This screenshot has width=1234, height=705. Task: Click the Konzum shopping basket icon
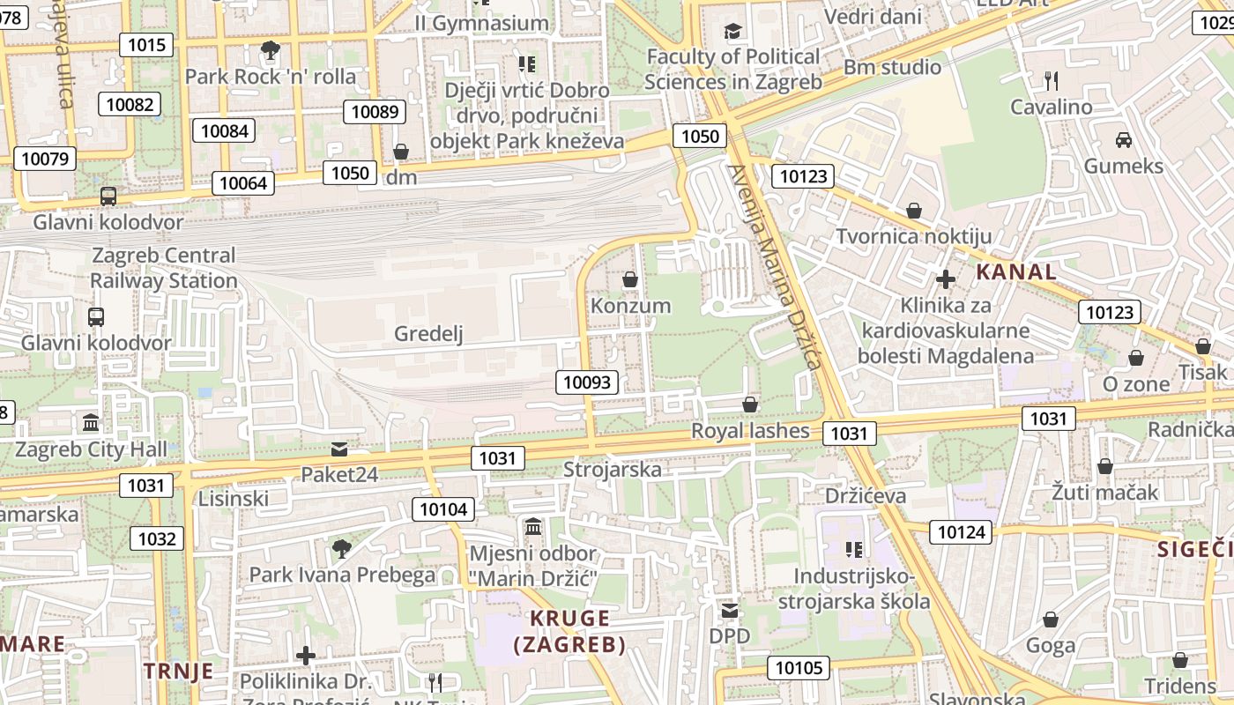630,280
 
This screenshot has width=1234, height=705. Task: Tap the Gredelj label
428,333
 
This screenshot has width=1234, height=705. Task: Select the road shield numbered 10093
586,382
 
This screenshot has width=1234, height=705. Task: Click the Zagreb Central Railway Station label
164,268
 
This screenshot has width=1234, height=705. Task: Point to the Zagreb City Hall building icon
91,423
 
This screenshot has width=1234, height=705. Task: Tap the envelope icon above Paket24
339,449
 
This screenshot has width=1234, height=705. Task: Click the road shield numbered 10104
443,508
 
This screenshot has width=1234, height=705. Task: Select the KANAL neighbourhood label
1015,271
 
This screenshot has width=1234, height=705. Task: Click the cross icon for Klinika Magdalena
945,280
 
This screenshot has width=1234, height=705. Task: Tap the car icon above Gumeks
1123,140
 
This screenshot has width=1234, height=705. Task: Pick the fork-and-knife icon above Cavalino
1051,81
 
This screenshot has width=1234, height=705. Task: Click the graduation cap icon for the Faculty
732,33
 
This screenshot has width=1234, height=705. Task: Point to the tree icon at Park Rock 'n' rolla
271,50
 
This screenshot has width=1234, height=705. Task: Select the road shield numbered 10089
374,111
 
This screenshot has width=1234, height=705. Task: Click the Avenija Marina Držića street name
775,267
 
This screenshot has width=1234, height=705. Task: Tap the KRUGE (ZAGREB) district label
570,631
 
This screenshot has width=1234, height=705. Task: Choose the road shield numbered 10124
963,531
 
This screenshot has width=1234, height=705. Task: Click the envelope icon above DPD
730,611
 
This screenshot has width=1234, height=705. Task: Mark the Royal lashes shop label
749,431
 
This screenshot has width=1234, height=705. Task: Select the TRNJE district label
179,671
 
